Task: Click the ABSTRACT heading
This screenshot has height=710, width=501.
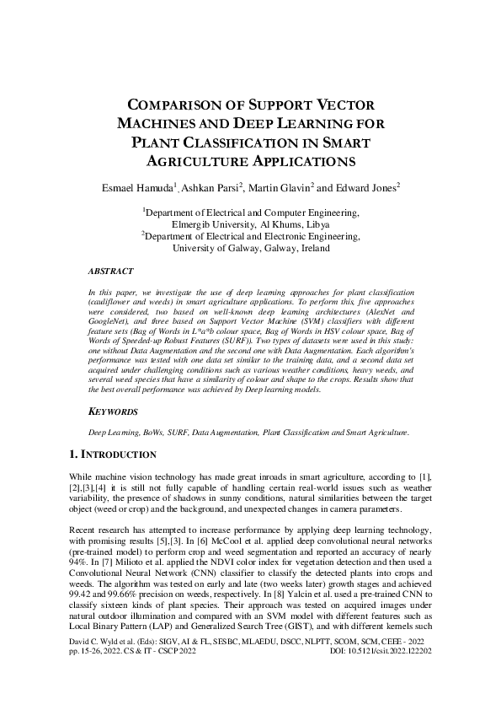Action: click(x=110, y=272)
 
